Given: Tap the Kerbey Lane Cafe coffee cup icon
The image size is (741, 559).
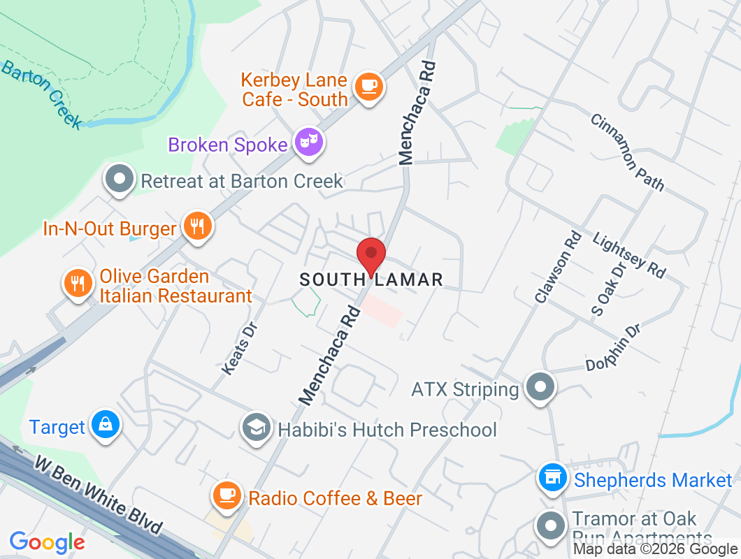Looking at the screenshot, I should click(x=368, y=87).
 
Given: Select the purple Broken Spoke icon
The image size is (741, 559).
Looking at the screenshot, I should click(x=308, y=143).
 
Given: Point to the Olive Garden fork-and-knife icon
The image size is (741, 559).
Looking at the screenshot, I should click(x=78, y=284).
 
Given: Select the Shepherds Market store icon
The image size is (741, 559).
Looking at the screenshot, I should click(x=552, y=478).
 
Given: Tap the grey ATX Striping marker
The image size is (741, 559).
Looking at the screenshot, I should click(x=540, y=387).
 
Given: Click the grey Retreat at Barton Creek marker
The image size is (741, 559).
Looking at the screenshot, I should click(x=120, y=180).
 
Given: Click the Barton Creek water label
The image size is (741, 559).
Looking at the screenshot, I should click(x=42, y=94).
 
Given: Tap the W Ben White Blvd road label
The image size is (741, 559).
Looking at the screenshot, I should click(x=99, y=497).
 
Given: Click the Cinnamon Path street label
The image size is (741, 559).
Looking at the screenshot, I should click(x=627, y=152).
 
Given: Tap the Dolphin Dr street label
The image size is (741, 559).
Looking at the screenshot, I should click(x=613, y=347).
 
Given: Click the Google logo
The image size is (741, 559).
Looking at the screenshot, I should click(x=48, y=542).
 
